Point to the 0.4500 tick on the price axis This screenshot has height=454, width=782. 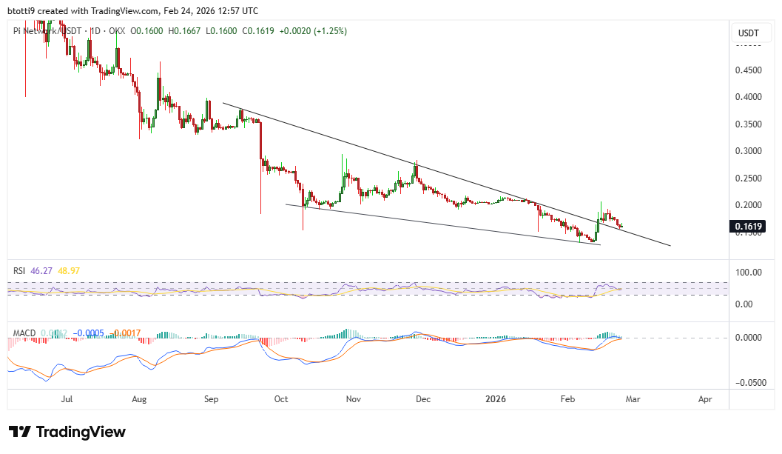pos(749,70)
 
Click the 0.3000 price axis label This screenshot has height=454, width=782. pos(749,151)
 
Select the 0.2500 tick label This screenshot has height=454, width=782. pos(749,178)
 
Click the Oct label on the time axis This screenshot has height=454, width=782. pos(281,398)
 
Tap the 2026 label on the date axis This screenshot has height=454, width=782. pos(496,398)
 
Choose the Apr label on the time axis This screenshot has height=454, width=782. pos(705,398)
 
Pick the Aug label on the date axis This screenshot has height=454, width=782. pos(139,398)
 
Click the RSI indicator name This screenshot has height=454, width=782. pos(20,271)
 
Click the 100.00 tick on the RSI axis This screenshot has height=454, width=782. pos(748,273)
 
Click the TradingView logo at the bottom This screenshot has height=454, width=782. pos(67,432)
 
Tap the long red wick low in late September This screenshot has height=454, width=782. pos(261,213)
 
